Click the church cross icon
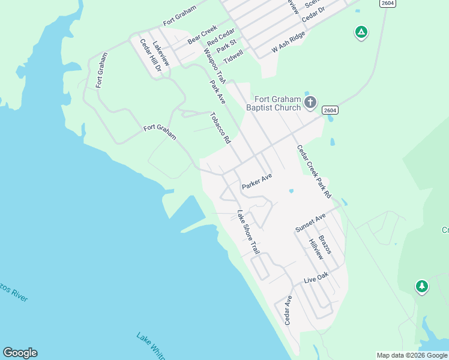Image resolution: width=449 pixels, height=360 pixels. pyautogui.click(x=310, y=102)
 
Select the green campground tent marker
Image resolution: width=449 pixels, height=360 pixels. pyautogui.click(x=361, y=32)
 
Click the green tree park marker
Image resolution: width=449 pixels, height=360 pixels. pyautogui.click(x=422, y=286)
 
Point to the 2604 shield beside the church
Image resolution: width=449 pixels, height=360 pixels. pyautogui.click(x=330, y=110)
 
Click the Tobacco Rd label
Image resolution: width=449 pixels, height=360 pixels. pyautogui.click(x=220, y=128)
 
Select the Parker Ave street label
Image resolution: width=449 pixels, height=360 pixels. pyautogui.click(x=257, y=181)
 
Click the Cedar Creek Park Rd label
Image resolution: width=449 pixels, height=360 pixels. pyautogui.click(x=314, y=172)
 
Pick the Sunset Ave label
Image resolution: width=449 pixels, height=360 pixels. pyautogui.click(x=310, y=222)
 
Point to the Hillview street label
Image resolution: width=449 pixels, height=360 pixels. pyautogui.click(x=316, y=249)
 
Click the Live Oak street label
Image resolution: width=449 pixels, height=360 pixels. pyautogui.click(x=316, y=277)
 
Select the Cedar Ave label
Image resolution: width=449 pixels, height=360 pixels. pyautogui.click(x=289, y=310)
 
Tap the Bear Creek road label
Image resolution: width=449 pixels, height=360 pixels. pyautogui.click(x=202, y=35)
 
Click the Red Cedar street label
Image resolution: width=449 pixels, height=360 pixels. pyautogui.click(x=220, y=40)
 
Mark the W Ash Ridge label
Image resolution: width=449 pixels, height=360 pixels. pyautogui.click(x=289, y=40)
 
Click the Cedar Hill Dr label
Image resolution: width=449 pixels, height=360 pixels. pyautogui.click(x=151, y=56)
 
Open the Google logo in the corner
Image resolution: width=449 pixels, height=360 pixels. pyautogui.click(x=20, y=353)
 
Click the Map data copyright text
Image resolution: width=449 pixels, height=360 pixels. pyautogui.click(x=412, y=355)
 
